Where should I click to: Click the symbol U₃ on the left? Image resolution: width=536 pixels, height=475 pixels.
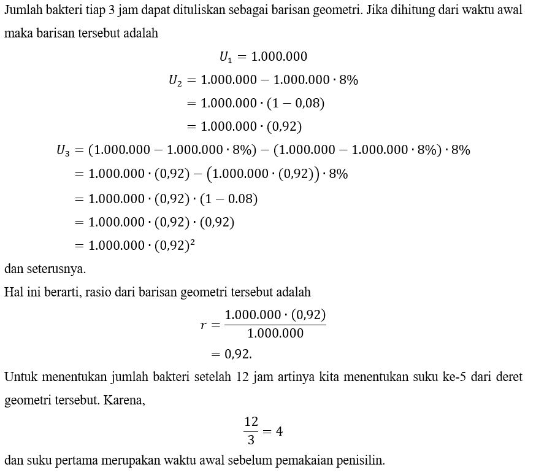click(x=63, y=150)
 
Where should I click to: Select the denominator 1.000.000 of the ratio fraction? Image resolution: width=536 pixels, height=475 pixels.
click(x=275, y=333)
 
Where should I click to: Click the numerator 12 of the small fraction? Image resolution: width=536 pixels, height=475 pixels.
click(x=251, y=422)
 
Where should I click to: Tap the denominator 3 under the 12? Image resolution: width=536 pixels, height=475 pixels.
click(x=251, y=440)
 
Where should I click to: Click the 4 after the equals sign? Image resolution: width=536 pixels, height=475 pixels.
click(x=279, y=431)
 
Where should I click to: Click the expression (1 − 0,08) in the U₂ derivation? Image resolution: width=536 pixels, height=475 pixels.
click(x=296, y=104)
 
